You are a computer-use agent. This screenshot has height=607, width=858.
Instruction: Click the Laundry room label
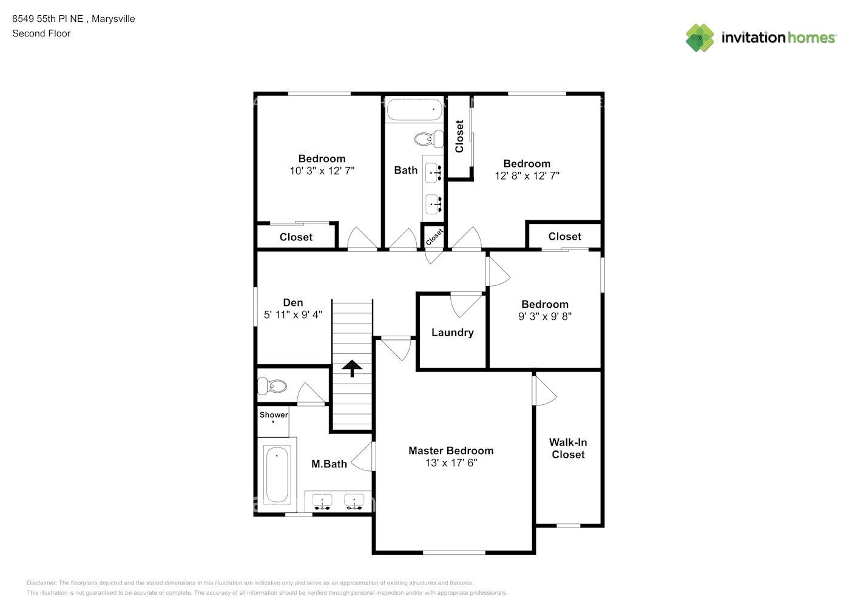coord(453,333)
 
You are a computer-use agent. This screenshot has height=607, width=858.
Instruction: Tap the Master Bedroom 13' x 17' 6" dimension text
coord(451,463)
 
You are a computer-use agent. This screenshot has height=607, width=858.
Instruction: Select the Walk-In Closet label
coord(568,449)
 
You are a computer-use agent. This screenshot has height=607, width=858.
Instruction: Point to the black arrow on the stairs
coord(351,368)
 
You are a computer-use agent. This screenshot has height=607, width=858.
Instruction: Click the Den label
coord(293,303)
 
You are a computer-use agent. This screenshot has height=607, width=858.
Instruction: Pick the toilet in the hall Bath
coord(428,139)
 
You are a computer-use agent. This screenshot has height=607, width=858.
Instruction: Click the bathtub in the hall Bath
coord(414,110)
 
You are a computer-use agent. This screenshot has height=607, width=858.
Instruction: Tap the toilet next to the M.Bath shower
coord(272,386)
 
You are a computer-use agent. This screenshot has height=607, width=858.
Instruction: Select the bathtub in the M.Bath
coord(277,475)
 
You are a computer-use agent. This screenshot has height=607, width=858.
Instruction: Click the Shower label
coord(274,415)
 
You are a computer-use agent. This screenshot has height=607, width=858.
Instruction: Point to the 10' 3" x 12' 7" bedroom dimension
coord(322,171)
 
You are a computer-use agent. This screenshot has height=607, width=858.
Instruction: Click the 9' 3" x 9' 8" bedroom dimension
coord(545,316)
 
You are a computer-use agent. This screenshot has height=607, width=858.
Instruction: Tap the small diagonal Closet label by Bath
coord(434,237)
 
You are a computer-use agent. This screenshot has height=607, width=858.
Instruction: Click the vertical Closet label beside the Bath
coord(459,137)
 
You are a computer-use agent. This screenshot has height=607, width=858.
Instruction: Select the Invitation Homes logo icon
coord(700,38)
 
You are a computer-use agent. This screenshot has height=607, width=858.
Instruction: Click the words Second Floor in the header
coord(41,33)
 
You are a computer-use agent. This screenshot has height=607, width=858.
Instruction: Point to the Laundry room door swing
coord(466,305)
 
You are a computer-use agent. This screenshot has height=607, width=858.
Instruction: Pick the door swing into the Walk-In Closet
coord(544,390)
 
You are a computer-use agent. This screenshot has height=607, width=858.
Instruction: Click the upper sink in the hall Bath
coord(433,172)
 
